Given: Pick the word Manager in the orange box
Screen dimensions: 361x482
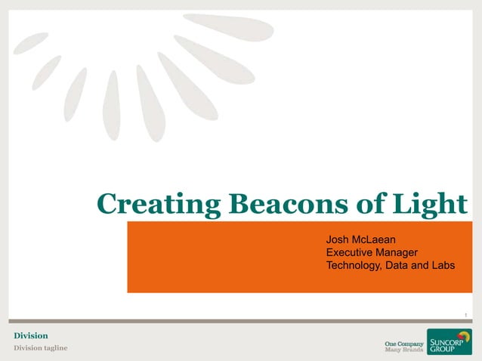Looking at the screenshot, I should click(399, 252).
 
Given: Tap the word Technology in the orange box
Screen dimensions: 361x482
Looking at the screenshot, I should click(356, 264).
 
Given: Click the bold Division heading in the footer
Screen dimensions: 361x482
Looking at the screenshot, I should click(31, 335).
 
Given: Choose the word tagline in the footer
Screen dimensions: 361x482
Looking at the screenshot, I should click(54, 347).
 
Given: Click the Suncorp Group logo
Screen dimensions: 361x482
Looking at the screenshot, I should click(449, 341).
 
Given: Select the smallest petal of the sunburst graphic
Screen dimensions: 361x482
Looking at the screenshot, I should click(30, 43).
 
